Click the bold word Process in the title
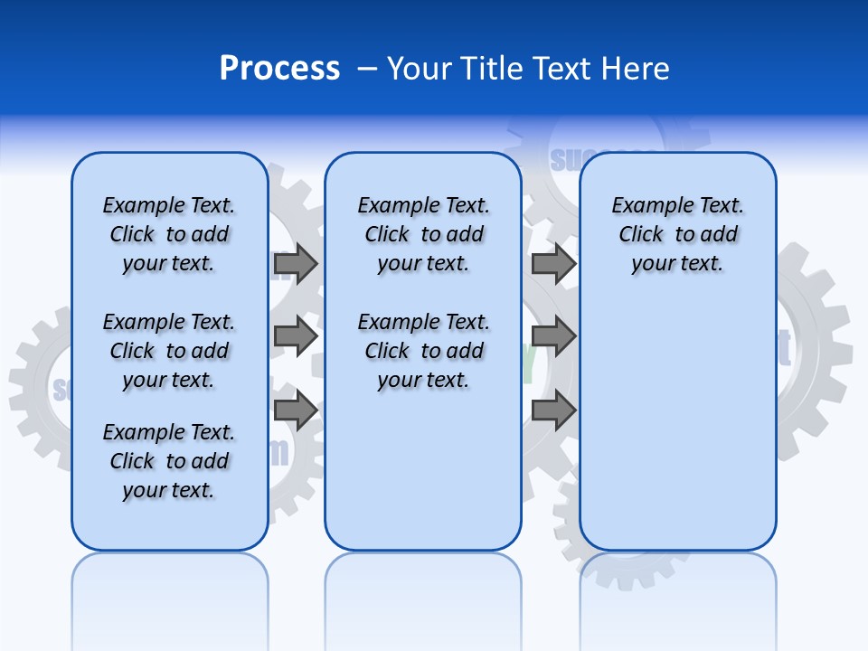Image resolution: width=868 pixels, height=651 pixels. click(279, 69)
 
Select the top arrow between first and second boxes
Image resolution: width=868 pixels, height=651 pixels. click(296, 263)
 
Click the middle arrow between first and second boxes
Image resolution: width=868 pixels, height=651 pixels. click(296, 335)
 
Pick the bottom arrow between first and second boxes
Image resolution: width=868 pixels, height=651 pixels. click(296, 410)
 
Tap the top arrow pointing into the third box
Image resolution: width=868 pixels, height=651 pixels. click(553, 263)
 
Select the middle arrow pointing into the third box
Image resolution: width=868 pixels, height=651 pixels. click(553, 335)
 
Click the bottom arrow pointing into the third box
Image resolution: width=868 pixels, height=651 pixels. click(553, 410)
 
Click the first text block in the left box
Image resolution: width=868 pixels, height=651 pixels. click(169, 234)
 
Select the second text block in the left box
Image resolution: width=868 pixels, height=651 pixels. click(169, 351)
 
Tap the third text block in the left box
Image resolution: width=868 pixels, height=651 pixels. click(169, 461)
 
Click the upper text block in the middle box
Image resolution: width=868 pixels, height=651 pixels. click(424, 234)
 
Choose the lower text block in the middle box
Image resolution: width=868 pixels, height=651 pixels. click(424, 351)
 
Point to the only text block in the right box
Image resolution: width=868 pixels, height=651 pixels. click(678, 234)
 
